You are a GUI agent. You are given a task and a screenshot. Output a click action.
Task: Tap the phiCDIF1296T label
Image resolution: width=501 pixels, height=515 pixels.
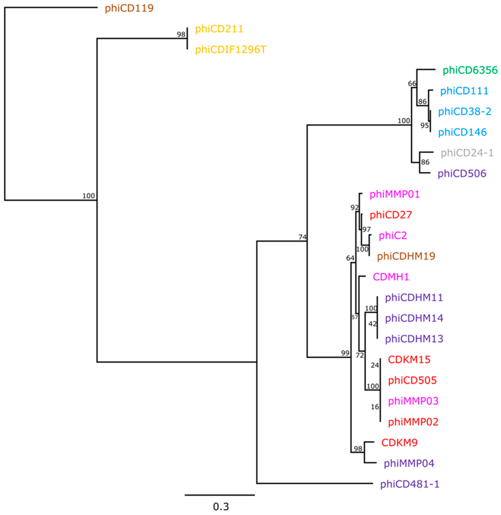point(231,49)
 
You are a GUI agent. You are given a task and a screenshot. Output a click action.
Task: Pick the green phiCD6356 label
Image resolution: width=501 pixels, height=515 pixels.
point(470,70)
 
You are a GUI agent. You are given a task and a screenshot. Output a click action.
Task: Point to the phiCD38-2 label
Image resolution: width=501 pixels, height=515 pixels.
point(465,112)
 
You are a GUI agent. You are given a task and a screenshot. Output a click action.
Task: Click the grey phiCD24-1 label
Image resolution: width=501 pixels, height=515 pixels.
point(467,153)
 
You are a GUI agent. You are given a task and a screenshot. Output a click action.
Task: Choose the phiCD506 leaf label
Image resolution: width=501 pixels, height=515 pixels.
point(462,173)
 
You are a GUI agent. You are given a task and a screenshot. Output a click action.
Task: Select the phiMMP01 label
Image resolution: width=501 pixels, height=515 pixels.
point(394,194)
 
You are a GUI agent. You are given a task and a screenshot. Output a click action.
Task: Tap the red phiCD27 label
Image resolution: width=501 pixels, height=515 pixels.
point(391,215)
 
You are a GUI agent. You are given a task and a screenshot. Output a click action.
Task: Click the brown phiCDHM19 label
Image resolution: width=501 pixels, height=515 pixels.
point(406,256)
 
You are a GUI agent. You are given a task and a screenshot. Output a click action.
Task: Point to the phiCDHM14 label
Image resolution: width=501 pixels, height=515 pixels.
point(414,318)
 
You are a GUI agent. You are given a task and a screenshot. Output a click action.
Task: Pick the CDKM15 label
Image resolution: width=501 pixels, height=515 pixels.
point(409,360)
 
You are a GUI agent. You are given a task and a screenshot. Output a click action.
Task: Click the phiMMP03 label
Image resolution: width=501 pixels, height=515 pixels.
point(413,401)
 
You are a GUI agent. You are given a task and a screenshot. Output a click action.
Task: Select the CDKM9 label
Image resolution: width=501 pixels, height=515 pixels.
point(399,443)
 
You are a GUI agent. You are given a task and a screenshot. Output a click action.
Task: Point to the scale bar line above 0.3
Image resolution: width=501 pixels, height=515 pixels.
point(220,495)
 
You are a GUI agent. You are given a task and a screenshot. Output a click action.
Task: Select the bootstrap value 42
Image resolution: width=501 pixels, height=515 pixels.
point(373,324)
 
